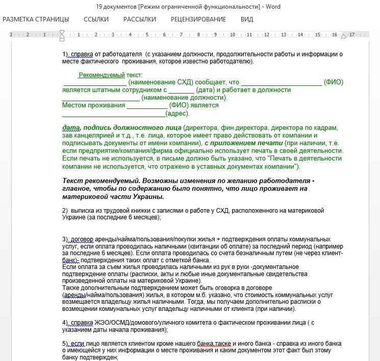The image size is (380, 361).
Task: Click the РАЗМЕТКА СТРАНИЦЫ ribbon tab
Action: (x=36, y=19)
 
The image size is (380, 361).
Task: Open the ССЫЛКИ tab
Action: (x=96, y=19)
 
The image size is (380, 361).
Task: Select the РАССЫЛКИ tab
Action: (x=140, y=19)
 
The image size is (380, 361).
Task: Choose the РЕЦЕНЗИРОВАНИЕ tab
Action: (x=198, y=19)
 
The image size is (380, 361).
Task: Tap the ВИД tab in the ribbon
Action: (x=247, y=19)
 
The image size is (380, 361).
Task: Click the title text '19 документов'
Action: (x=121, y=7)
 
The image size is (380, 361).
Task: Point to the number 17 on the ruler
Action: (x=352, y=35)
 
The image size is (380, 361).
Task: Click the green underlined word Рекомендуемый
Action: (x=102, y=75)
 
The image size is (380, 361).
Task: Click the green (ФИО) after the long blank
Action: (x=334, y=82)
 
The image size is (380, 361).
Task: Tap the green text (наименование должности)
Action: (x=184, y=97)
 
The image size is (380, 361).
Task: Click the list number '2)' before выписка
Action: (x=65, y=211)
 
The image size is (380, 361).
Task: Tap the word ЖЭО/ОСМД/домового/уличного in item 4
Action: (x=133, y=323)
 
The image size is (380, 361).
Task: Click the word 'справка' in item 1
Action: (x=82, y=54)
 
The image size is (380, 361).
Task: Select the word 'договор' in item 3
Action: (x=82, y=239)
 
